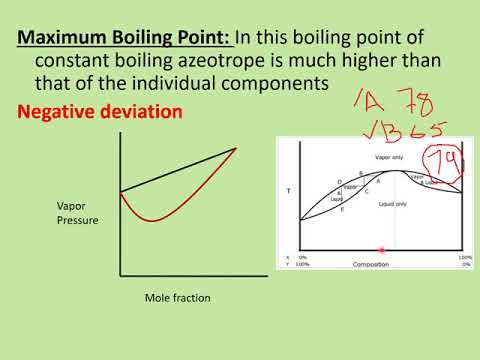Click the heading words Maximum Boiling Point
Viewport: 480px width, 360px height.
[x=126, y=38]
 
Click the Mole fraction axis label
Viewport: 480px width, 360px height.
[x=178, y=297]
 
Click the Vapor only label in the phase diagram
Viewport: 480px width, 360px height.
[x=362, y=158]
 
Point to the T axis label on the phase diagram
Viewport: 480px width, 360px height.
[x=289, y=189]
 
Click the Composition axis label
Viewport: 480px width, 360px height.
[x=371, y=265]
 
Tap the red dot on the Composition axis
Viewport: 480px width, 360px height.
[x=381, y=250]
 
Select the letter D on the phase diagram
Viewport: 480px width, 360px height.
[x=340, y=180]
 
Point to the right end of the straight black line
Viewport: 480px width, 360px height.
[x=237, y=148]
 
